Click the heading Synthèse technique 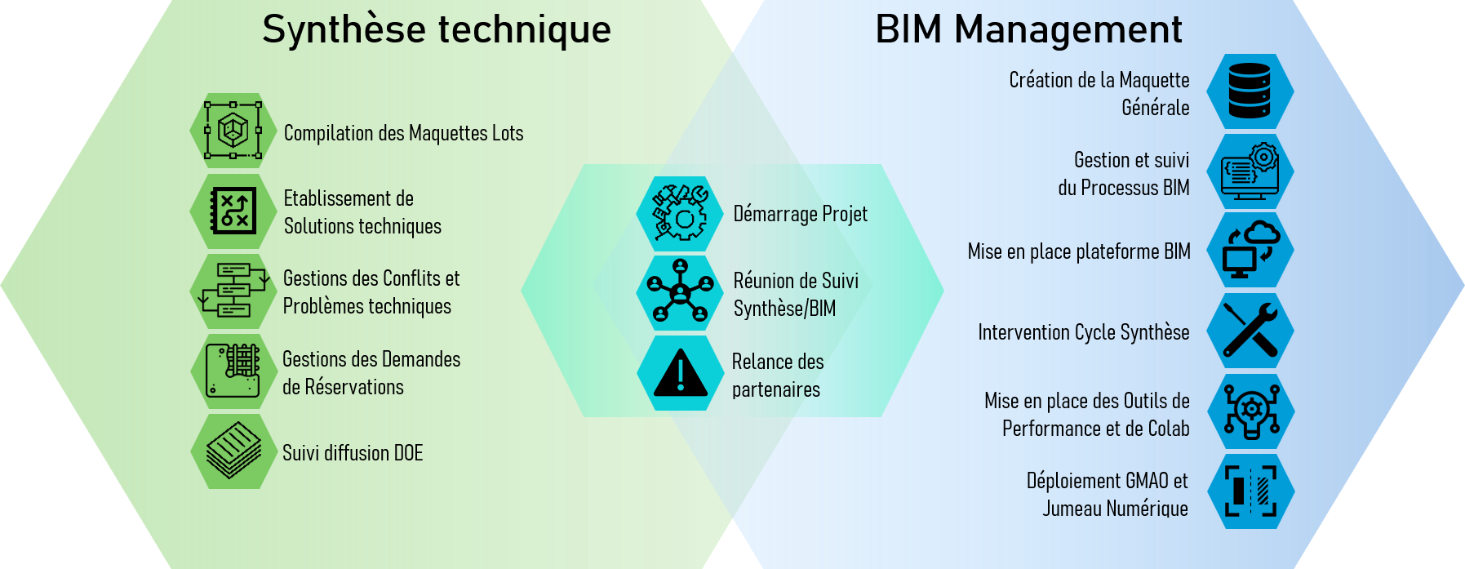(x=437, y=30)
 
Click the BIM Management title (x=1028, y=30)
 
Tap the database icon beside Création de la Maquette (x=1250, y=91)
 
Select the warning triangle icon (x=680, y=373)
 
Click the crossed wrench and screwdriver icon (x=1250, y=331)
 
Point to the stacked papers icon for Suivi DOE (x=233, y=451)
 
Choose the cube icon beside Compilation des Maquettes (x=233, y=131)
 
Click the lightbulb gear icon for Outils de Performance (x=1250, y=411)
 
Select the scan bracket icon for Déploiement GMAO (x=1250, y=491)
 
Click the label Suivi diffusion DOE (x=353, y=453)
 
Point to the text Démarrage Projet (x=800, y=214)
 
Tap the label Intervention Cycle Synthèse (x=1083, y=332)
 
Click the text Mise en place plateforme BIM (x=1078, y=251)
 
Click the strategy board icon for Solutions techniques (x=233, y=211)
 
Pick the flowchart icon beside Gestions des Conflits (x=233, y=291)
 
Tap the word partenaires (x=776, y=390)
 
